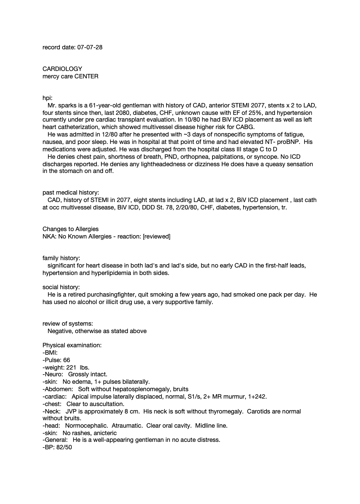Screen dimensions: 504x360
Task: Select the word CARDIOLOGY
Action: (62, 69)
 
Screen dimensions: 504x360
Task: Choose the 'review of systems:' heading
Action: (68, 324)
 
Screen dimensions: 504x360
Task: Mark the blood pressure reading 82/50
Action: (65, 447)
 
